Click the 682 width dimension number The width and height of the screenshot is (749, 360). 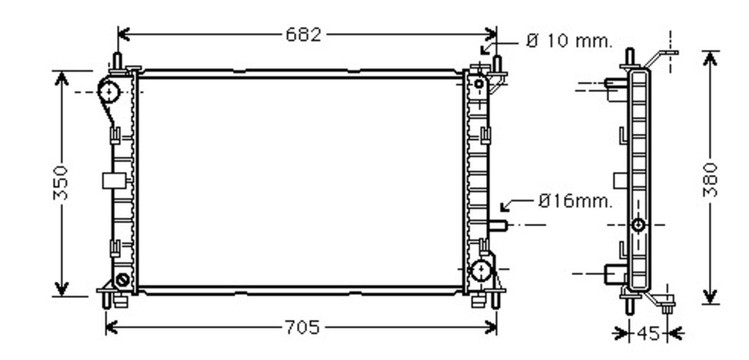pyautogui.click(x=304, y=34)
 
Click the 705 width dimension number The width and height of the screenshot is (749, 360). pyautogui.click(x=302, y=328)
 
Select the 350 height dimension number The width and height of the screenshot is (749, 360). pyautogui.click(x=61, y=183)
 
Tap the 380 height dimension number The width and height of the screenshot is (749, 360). pyautogui.click(x=711, y=180)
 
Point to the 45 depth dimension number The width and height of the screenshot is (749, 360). pyautogui.click(x=648, y=333)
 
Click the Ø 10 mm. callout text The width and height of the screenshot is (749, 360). pyautogui.click(x=569, y=41)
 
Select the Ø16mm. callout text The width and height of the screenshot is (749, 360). pyautogui.click(x=575, y=201)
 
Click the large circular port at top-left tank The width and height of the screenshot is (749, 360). pyautogui.click(x=108, y=91)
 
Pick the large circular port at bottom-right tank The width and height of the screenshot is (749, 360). pyautogui.click(x=481, y=271)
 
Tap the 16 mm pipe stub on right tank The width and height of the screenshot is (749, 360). pyautogui.click(x=498, y=225)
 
